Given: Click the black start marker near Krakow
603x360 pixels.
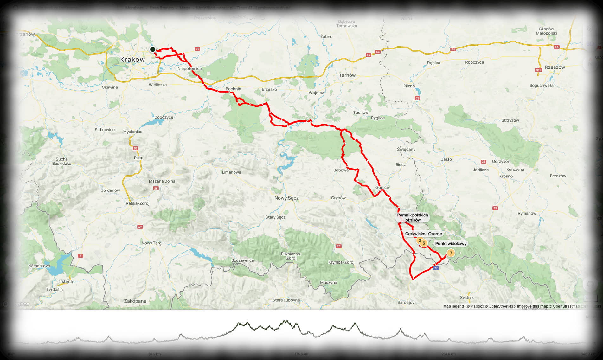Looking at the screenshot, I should (153, 49).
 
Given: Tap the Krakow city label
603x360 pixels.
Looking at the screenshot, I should (132, 60).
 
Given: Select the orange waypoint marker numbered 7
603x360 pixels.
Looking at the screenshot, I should (451, 253).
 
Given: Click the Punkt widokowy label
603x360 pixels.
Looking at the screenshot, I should (451, 244).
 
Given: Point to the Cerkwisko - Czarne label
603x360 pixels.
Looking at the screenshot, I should (423, 234).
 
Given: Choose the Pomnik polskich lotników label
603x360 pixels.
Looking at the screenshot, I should (412, 217).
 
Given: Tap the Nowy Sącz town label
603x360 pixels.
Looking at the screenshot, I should (286, 198).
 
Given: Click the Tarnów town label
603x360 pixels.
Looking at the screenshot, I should (347, 75).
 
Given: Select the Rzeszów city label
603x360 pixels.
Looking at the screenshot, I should (555, 67).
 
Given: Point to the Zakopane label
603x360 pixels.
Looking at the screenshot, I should (135, 301).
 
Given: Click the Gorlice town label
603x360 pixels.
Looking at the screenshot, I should (382, 187).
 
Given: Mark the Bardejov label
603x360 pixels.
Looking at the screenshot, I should (406, 302).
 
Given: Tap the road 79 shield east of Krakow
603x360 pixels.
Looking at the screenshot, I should (198, 49).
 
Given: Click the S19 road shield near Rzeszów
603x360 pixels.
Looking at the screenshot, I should (538, 70).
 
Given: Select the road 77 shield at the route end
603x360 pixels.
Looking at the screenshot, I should (436, 268).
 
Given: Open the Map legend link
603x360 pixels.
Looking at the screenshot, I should (453, 306).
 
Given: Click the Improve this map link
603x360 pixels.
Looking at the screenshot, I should (532, 306).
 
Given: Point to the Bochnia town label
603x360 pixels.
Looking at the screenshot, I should (233, 89).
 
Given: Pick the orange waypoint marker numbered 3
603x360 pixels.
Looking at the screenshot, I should (424, 243).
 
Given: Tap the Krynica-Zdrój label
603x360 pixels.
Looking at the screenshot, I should (341, 262).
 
